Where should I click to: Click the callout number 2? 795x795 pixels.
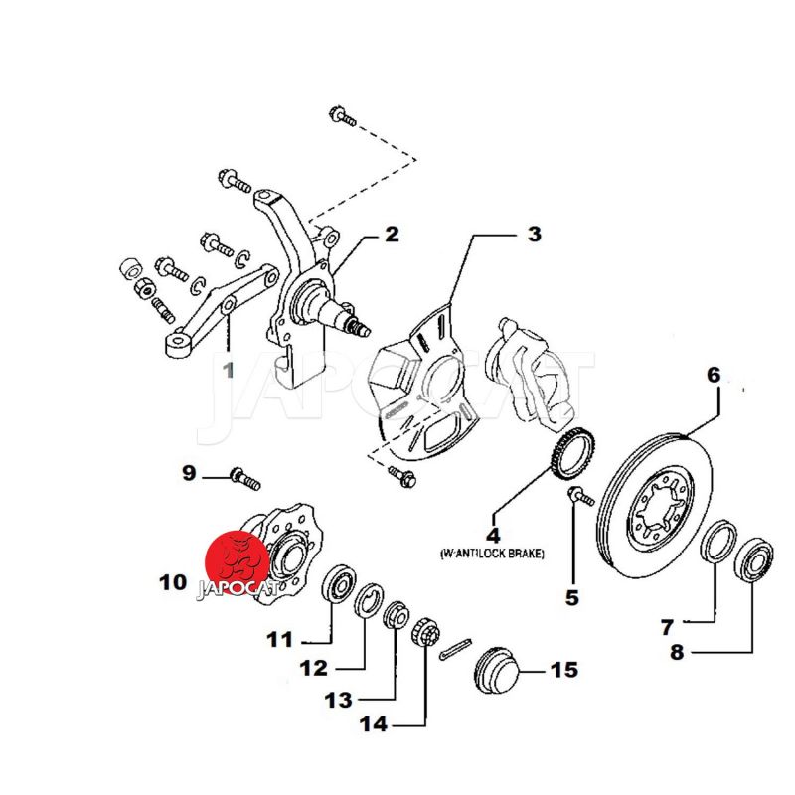pyautogui.click(x=392, y=235)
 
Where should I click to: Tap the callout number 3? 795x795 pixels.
pyautogui.click(x=534, y=235)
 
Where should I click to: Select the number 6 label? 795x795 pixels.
pyautogui.click(x=713, y=376)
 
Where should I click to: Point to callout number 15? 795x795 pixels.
pyautogui.click(x=563, y=671)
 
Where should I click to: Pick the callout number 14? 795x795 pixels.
pyautogui.click(x=374, y=724)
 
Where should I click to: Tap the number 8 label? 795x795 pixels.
pyautogui.click(x=677, y=653)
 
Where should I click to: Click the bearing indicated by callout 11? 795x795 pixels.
pyautogui.click(x=340, y=583)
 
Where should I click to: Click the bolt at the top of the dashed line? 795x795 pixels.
pyautogui.click(x=342, y=117)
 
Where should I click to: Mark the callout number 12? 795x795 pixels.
pyautogui.click(x=314, y=669)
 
